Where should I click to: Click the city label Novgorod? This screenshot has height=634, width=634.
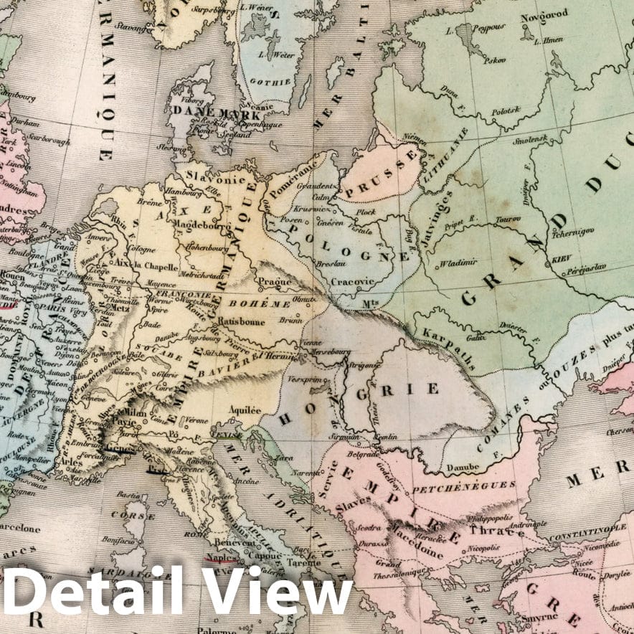tap(544, 14)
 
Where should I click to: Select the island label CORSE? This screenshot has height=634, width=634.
tap(138, 515)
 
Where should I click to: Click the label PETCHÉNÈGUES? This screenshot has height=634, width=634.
tap(474, 486)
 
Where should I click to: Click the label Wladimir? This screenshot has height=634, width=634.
tap(460, 263)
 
